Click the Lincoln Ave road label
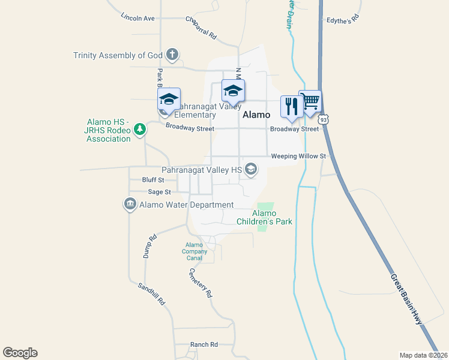pos(137,18)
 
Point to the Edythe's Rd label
pos(342,19)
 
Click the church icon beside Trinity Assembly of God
pos(172,55)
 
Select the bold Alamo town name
pos(256,114)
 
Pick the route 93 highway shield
pos(324,120)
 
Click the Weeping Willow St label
pos(298,156)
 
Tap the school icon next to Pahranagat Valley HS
pos(251,170)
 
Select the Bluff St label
pos(153,179)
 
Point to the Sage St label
pos(159,192)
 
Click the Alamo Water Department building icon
pos(130,205)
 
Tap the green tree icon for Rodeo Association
pos(140,129)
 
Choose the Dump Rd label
pos(149,246)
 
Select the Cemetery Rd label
pos(200,283)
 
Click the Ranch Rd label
pos(203,344)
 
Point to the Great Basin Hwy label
pos(406,300)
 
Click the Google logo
pos(20,352)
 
